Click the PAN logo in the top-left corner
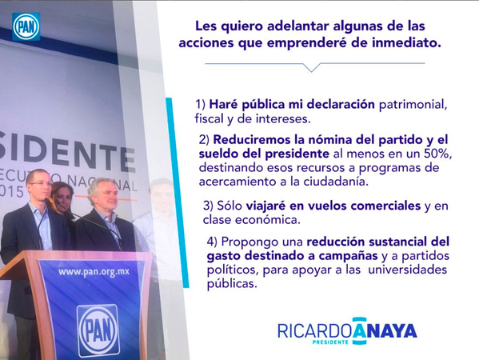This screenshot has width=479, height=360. point(26,27)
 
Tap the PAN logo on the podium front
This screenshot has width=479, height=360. point(98,330)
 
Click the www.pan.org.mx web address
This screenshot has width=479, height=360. point(94,272)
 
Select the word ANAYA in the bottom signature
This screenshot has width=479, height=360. point(385,331)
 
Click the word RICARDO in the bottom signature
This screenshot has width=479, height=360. point(314,331)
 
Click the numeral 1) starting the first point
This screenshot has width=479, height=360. point(201,105)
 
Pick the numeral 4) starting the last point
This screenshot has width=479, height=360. point(212,242)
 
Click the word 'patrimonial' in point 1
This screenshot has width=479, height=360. point(413,105)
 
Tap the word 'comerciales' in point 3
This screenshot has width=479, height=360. point(385,206)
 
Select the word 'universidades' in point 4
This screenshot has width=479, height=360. point(408,270)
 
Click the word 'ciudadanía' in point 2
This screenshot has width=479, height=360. point(336,182)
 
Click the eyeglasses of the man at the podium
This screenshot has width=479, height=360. point(40,183)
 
